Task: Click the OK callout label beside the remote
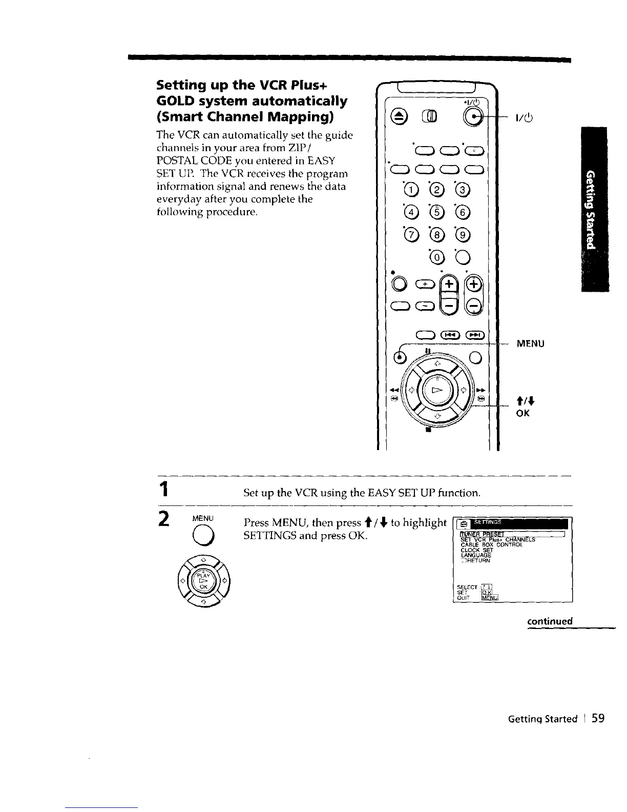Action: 523,412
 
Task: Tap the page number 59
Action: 598,718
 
